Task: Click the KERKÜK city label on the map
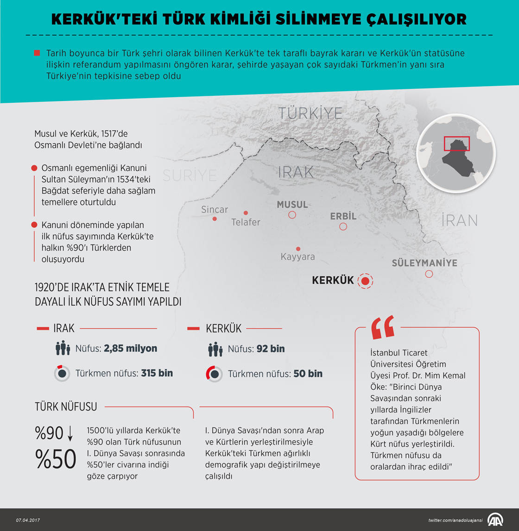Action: pos(333,281)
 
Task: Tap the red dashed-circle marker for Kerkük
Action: pos(366,281)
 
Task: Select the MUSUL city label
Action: pos(292,205)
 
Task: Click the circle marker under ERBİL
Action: pos(343,226)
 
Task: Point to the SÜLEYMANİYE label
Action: pos(424,263)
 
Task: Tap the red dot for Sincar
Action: pos(215,219)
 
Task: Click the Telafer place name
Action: pos(246,222)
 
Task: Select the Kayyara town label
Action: pos(297,256)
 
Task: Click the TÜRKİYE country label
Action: pos(310,113)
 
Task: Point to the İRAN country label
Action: pos(459,220)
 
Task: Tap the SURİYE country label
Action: pos(190,175)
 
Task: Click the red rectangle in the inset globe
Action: pos(457,144)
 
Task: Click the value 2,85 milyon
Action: pos(130,349)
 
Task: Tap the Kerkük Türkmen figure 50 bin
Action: pos(308,374)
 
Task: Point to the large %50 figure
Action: pos(56,459)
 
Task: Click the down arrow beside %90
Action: pos(70,433)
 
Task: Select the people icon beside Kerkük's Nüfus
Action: pos(215,349)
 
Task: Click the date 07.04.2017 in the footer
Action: pos(28,520)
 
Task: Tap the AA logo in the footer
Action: pos(495,520)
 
